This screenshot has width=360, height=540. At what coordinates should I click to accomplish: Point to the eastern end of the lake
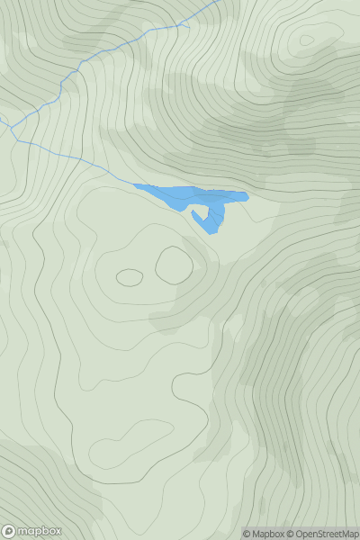pos(246,196)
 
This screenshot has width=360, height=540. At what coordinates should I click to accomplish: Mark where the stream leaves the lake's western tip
pos(134,184)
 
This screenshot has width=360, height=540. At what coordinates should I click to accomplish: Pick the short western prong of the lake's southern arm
pos(194,215)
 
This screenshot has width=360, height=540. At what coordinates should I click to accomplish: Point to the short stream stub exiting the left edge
pos(4,120)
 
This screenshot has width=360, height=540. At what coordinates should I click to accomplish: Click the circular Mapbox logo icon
pos(9,531)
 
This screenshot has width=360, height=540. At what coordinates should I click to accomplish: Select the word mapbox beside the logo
pos(40,531)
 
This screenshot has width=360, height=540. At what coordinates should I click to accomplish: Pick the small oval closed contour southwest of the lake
pos(129,278)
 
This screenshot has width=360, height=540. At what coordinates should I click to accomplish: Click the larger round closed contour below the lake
pos(173,265)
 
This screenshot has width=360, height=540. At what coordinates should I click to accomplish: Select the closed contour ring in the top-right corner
pos(307,40)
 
